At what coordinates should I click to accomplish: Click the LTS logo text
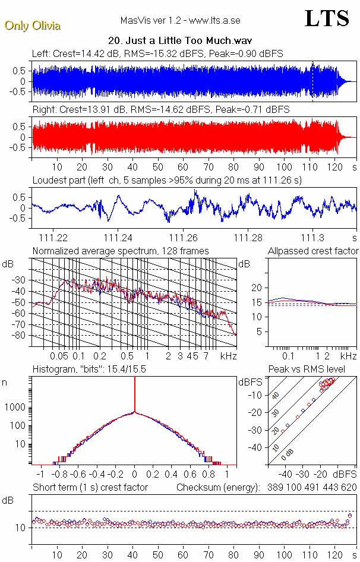(327, 18)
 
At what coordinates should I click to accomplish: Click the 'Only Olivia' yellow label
(32, 26)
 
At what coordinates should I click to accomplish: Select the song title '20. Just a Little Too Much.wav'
(181, 41)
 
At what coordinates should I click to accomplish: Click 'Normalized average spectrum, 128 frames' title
(121, 251)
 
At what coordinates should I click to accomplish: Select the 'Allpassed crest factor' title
(313, 251)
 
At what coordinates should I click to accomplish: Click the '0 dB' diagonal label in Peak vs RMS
(288, 455)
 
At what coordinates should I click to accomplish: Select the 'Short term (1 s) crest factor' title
(90, 487)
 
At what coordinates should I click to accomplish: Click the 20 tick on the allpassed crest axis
(258, 288)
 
